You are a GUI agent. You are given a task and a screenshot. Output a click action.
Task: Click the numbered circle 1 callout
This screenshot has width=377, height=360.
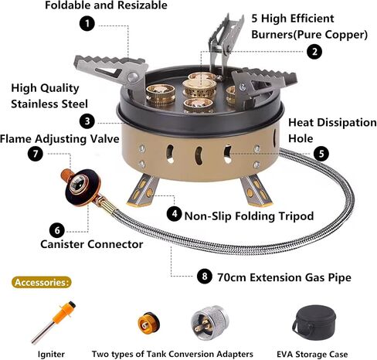(87, 23)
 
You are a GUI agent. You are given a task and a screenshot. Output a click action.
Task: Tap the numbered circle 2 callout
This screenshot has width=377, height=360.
(314, 52)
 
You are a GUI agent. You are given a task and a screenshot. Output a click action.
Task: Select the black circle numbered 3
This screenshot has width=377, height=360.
(87, 121)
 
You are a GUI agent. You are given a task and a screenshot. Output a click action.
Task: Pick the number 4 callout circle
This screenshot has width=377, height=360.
(175, 213)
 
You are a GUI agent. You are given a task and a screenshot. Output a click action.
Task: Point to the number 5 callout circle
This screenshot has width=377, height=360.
(321, 154)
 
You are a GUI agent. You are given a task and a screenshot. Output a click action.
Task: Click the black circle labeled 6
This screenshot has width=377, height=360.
(57, 230)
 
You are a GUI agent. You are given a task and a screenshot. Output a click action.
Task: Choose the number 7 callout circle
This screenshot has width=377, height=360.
(36, 154)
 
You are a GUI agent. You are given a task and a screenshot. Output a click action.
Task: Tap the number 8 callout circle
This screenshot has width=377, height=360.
(205, 276)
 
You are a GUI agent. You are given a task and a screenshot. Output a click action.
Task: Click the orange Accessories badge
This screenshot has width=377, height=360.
(41, 283)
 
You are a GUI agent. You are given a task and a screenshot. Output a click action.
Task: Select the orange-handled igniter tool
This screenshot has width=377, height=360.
(54, 322)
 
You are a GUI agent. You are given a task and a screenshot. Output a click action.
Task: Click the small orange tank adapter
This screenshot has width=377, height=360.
(148, 323)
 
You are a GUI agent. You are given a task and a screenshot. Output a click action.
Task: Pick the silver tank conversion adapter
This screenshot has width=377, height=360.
(210, 322)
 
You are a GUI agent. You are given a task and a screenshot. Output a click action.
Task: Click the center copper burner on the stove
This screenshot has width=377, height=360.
(199, 87)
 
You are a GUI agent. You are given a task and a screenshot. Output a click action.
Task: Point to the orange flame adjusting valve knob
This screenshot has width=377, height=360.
(66, 175)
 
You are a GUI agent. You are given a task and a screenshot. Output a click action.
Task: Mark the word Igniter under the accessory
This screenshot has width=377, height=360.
(51, 355)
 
